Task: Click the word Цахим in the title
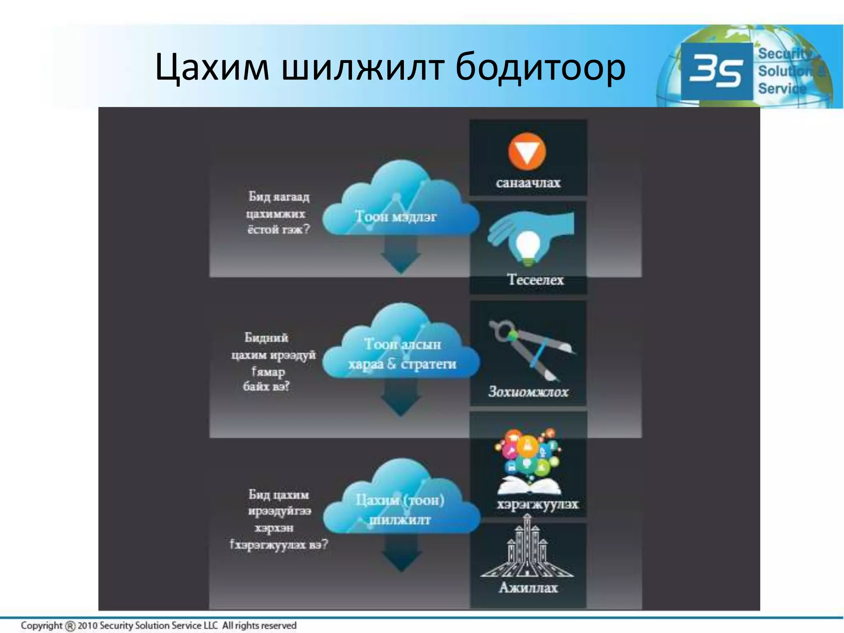tap(212, 67)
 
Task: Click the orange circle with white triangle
tap(527, 151)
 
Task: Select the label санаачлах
tap(528, 183)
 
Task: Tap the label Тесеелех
tap(535, 280)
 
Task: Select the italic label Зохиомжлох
tap(528, 391)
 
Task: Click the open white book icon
tap(529, 486)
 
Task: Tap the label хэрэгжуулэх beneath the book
tap(537, 504)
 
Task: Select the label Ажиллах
tap(528, 587)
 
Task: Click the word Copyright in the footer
tap(41, 625)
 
